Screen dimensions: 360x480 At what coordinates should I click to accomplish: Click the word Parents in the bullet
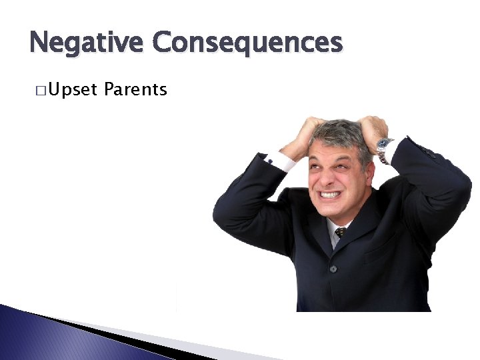(135, 89)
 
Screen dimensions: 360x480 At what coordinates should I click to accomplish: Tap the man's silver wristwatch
(384, 148)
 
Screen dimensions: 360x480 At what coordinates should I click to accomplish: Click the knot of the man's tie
(341, 233)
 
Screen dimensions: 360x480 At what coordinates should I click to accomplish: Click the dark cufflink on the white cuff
(270, 159)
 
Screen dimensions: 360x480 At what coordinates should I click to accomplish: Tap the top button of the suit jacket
(333, 269)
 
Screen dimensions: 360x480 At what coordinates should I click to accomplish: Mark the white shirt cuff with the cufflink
(279, 160)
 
